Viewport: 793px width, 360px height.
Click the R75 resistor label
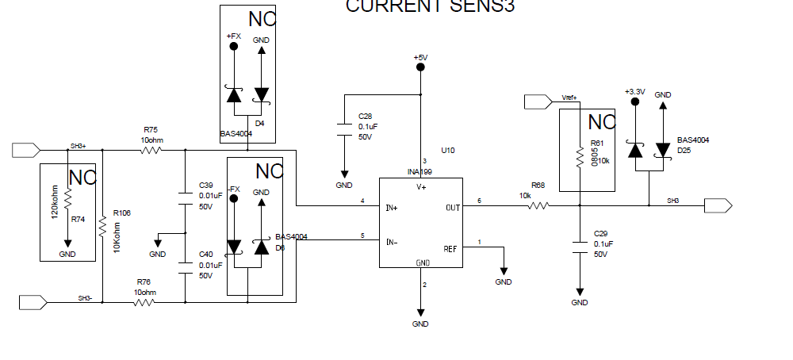(x=151, y=129)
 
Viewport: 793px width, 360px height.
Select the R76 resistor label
(x=144, y=281)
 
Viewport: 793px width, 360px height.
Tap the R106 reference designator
(x=121, y=213)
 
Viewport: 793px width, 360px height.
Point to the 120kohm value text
(x=55, y=201)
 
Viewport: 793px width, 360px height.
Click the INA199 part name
(x=420, y=171)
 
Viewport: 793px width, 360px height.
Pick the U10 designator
(x=447, y=151)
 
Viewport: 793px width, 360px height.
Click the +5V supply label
(x=420, y=58)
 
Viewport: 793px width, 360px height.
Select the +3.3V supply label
(x=634, y=92)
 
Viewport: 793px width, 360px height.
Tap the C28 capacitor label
(x=365, y=116)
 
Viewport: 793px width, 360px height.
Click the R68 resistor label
(x=538, y=186)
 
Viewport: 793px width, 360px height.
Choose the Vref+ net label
(x=569, y=98)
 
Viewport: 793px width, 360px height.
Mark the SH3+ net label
(x=78, y=146)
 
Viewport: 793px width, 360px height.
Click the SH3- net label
(x=85, y=298)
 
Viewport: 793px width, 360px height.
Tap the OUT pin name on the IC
(x=453, y=208)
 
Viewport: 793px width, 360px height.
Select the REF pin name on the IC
(x=450, y=249)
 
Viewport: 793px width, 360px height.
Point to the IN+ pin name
(x=392, y=208)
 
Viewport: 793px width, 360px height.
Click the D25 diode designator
(x=684, y=151)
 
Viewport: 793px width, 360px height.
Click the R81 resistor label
(x=598, y=143)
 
